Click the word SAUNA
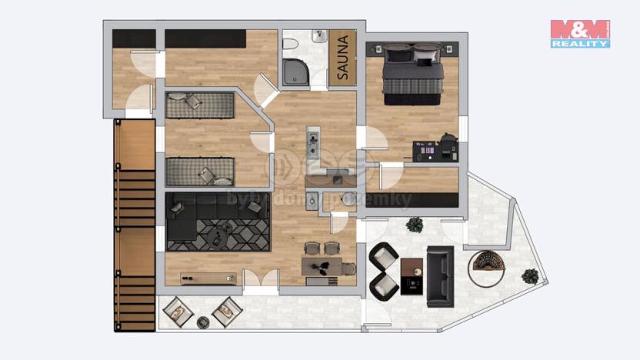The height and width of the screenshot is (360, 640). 343,58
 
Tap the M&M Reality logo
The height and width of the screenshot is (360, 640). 580,34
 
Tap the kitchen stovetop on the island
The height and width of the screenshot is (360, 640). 314,140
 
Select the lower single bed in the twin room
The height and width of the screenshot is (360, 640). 199,170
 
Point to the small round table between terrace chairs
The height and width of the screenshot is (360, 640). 203,321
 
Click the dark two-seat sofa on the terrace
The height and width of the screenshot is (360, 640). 440,276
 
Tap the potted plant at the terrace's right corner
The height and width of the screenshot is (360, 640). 529,275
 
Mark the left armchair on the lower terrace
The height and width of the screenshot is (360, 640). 178,312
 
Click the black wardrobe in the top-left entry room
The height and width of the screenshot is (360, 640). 134,38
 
